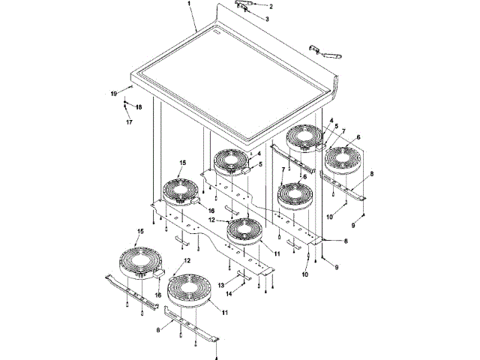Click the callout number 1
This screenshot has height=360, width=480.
[189, 4]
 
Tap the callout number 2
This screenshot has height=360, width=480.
[271, 7]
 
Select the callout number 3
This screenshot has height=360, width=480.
[267, 19]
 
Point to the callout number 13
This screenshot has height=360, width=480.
[221, 285]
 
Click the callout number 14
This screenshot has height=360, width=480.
[229, 293]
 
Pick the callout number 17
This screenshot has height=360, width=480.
[129, 122]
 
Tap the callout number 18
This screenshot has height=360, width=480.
[139, 107]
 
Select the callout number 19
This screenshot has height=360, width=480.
[114, 94]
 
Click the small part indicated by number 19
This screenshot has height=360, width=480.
[131, 87]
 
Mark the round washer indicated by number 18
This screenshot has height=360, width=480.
[125, 102]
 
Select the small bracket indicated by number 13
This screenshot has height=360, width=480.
[244, 275]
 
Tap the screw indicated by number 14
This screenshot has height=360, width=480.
[243, 285]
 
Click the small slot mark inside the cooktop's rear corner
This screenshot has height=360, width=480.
[217, 32]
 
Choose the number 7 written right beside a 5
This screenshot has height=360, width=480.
[343, 131]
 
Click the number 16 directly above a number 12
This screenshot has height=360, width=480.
[211, 211]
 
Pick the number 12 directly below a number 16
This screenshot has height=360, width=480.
[211, 220]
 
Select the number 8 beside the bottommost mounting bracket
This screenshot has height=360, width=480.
[158, 330]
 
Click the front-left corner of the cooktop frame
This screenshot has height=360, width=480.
[131, 73]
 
